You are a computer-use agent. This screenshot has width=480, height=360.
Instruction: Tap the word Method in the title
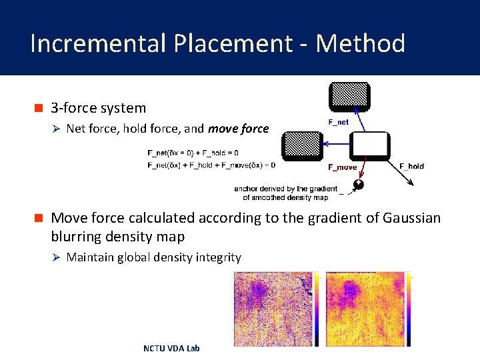click(x=360, y=44)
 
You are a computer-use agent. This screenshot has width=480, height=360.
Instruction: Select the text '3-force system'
click(x=99, y=108)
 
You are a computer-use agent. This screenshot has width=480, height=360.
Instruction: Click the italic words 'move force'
click(x=239, y=129)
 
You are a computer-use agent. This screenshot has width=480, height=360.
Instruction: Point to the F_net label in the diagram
click(x=339, y=122)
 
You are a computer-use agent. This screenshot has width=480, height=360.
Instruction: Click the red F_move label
click(x=343, y=167)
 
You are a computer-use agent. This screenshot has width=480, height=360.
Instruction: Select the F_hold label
click(x=411, y=166)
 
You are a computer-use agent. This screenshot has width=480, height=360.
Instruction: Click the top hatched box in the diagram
click(x=349, y=97)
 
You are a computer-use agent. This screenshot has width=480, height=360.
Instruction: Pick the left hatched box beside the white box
click(x=301, y=146)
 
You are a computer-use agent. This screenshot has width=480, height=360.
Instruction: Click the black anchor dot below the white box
click(x=359, y=185)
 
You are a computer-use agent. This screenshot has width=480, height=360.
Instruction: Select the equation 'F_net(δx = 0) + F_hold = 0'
click(x=193, y=153)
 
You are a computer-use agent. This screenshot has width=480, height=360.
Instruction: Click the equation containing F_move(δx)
click(x=211, y=164)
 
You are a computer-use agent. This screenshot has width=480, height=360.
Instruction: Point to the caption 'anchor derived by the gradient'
click(x=285, y=189)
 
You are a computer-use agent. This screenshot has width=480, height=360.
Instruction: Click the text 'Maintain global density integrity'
click(x=154, y=257)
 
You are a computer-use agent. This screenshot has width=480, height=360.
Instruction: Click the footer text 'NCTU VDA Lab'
click(x=171, y=348)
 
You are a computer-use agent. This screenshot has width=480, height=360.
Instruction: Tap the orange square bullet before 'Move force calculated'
click(x=39, y=218)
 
